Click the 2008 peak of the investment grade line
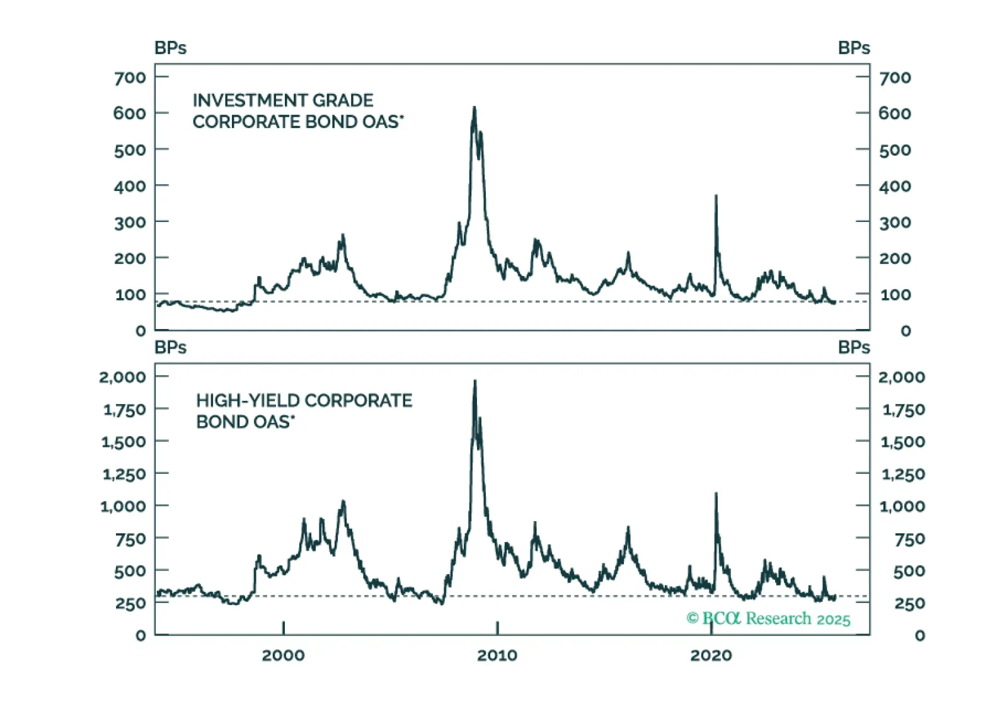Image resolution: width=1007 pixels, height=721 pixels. click(475, 108)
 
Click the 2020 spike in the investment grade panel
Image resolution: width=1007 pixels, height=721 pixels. click(716, 197)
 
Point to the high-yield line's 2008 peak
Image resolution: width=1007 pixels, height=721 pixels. click(475, 381)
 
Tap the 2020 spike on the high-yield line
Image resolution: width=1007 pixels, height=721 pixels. click(716, 494)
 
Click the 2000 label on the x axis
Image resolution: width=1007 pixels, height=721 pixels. click(283, 655)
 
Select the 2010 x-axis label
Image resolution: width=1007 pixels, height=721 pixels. click(497, 655)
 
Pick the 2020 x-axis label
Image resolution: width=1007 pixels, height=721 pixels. click(711, 655)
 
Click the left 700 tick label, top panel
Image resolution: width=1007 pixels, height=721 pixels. click(130, 78)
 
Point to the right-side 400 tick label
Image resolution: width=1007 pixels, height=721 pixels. click(895, 187)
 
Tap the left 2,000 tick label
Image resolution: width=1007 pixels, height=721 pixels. click(122, 377)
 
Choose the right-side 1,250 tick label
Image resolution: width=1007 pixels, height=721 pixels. click(903, 474)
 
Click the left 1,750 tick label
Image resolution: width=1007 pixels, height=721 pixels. click(124, 410)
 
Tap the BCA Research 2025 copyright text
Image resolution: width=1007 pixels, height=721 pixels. click(768, 619)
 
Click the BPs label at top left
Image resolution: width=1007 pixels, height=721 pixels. click(170, 48)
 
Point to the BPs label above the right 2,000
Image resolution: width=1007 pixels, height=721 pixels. click(854, 347)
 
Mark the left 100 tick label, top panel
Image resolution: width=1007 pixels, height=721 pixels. click(130, 294)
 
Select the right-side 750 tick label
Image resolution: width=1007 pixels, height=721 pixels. click(909, 539)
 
